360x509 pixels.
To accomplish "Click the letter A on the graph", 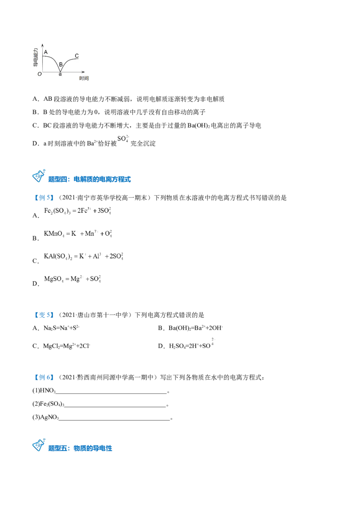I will point(46,52).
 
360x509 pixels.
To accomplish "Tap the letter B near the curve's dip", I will point(61,65).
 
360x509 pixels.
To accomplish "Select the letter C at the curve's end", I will point(76,56).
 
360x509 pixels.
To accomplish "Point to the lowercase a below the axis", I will point(60,74).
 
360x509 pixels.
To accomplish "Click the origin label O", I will point(39,74).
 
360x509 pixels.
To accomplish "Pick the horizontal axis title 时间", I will point(84,78).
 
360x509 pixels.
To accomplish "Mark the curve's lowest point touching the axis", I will point(60,71).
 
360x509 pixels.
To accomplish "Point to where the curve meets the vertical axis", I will point(43,57).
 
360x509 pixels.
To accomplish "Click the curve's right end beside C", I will point(80,59).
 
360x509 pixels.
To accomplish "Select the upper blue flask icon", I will point(39,177).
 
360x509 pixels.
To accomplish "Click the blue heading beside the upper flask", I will point(90,179).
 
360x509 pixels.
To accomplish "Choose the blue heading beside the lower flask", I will point(81,448).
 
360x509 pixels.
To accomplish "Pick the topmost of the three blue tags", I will point(44,198).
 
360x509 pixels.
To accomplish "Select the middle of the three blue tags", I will point(44,316).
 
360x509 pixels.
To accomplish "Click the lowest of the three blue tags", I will point(44,378).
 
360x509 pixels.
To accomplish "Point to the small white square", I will point(214,347).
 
